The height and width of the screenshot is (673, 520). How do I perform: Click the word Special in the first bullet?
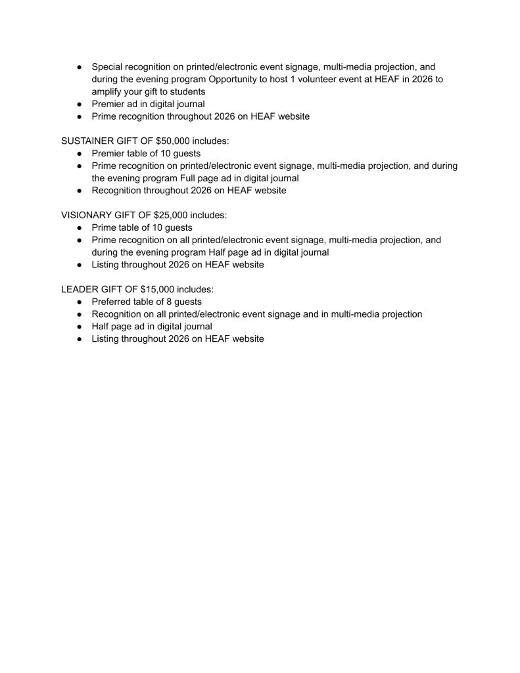click(109, 67)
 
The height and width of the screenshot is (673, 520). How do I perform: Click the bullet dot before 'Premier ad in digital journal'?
click(79, 104)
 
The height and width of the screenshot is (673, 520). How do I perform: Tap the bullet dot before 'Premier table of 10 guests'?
click(79, 153)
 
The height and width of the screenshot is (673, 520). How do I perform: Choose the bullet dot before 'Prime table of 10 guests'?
click(79, 227)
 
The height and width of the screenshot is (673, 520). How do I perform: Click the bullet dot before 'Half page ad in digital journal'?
click(79, 327)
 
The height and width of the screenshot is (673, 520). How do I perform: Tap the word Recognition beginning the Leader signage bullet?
click(120, 314)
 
